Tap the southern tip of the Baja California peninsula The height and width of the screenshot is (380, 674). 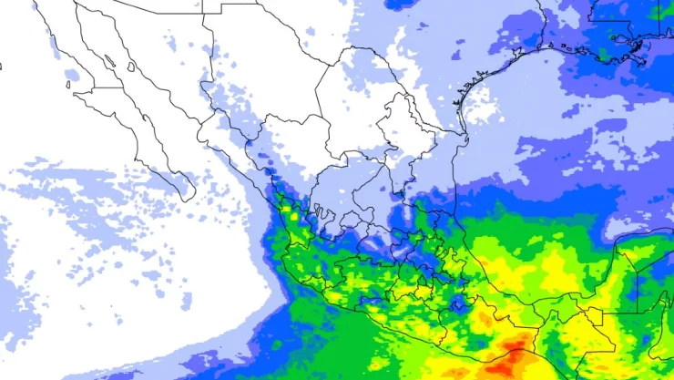point(189,198)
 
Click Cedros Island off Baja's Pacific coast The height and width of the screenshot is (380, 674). point(68,86)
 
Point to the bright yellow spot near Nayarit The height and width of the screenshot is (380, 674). point(294,217)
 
